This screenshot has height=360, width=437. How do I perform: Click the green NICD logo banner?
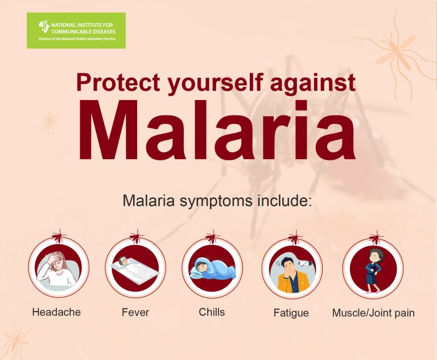tap(76, 30)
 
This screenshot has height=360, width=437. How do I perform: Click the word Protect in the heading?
tap(118, 82)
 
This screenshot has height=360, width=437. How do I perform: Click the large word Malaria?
tap(217, 130)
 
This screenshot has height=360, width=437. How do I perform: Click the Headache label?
tap(56, 312)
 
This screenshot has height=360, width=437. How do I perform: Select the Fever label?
tap(135, 312)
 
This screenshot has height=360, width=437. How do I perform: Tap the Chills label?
tap(212, 312)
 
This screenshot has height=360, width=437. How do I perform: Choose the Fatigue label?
tap(291, 313)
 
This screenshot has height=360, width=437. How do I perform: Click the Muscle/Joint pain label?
tap(373, 313)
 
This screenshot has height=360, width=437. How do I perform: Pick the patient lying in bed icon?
tap(135, 268)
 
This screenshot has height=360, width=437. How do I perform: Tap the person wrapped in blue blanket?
tap(212, 268)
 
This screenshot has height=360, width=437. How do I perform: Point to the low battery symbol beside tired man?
tap(306, 263)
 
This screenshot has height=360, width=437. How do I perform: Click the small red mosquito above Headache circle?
tap(59, 236)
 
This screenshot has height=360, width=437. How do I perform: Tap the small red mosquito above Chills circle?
tap(213, 236)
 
